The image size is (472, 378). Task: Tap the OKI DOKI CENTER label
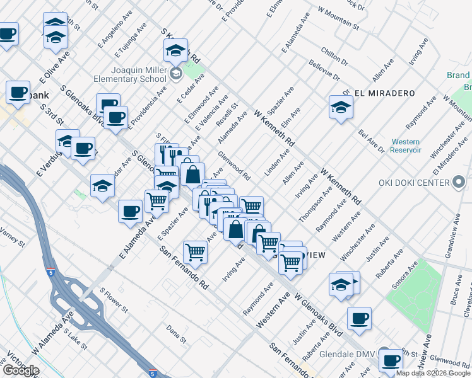(414, 183)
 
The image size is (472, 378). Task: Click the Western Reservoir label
(405, 146)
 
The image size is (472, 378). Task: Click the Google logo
(21, 370)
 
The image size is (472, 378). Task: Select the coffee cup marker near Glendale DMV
(391, 360)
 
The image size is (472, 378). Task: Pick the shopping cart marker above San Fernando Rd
(196, 252)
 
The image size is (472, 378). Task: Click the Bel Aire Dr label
(371, 141)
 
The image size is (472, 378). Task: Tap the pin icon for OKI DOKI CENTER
(459, 183)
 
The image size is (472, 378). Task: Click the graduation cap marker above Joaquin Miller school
(176, 50)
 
